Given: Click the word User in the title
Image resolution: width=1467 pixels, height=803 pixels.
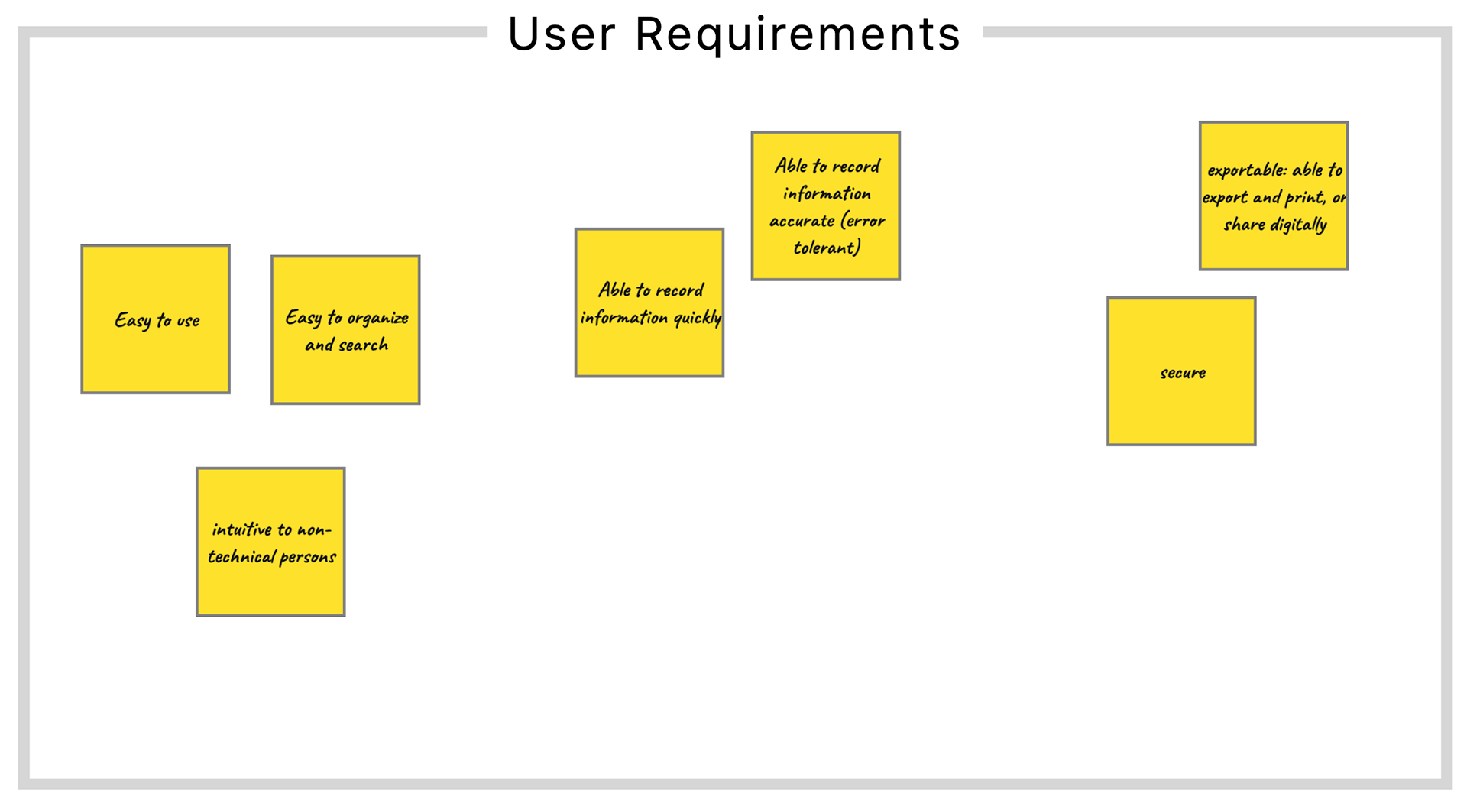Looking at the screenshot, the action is [562, 34].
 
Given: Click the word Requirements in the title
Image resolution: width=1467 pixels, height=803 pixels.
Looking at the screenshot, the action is [798, 34].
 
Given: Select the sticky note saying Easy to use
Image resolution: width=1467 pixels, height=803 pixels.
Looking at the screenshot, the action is [156, 319].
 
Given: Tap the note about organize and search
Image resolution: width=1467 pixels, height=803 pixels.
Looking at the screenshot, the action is [345, 330].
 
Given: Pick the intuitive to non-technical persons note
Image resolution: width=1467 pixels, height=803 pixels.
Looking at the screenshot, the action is [270, 542].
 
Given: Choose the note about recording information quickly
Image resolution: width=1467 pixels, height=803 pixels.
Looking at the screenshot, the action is [649, 303].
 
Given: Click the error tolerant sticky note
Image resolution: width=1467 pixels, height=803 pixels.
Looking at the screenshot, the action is [826, 206].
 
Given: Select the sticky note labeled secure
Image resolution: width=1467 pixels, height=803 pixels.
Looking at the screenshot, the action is [1181, 371].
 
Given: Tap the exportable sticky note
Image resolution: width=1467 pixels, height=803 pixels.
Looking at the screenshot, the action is [1274, 196].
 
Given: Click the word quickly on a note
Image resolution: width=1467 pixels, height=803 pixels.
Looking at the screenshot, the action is [697, 318].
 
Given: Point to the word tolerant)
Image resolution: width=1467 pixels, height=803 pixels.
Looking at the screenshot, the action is [827, 248].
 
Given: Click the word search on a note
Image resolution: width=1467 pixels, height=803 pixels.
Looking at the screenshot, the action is [363, 345].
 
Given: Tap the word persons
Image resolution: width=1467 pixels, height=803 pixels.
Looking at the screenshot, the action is [308, 558].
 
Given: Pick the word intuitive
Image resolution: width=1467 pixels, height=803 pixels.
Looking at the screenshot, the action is [242, 529].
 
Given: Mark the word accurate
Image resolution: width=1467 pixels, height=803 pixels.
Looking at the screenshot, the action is [802, 221].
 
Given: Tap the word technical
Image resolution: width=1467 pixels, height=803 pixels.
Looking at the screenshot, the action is [241, 556].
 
